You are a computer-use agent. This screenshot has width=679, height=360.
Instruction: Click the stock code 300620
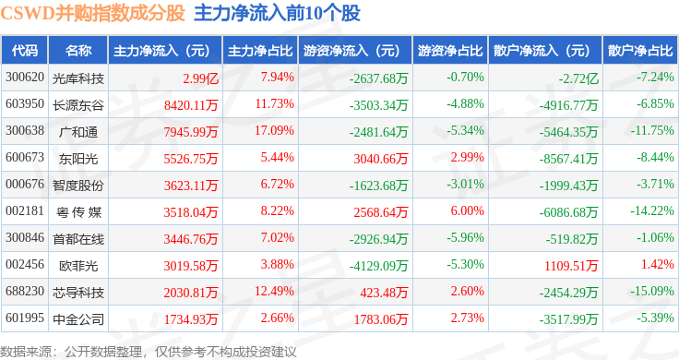(25, 78)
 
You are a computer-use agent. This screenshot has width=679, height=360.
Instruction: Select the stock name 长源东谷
(77, 105)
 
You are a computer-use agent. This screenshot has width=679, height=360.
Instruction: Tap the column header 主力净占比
(260, 51)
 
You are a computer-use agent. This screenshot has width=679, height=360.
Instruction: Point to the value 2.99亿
(200, 78)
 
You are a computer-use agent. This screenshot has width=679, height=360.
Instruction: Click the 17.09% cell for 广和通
(274, 131)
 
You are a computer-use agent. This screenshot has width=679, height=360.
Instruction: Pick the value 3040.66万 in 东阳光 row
(381, 159)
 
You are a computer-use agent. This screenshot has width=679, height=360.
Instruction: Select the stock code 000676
(25, 184)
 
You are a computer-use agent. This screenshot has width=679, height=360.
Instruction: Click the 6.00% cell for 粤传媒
(467, 211)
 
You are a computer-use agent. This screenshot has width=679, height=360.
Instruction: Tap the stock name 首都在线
(77, 239)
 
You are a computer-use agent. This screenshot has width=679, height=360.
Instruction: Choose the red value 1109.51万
(571, 266)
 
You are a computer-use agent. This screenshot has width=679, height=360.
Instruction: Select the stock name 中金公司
(77, 319)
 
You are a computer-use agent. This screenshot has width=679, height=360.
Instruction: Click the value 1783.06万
(381, 319)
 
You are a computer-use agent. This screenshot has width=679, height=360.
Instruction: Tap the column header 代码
(25, 51)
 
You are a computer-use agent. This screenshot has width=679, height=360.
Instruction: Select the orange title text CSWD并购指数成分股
(92, 14)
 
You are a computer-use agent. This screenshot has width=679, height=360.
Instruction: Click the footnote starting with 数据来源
(149, 352)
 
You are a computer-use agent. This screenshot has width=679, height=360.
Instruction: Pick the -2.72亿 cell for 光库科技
(578, 78)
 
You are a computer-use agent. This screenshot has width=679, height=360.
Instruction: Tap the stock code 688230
(25, 291)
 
